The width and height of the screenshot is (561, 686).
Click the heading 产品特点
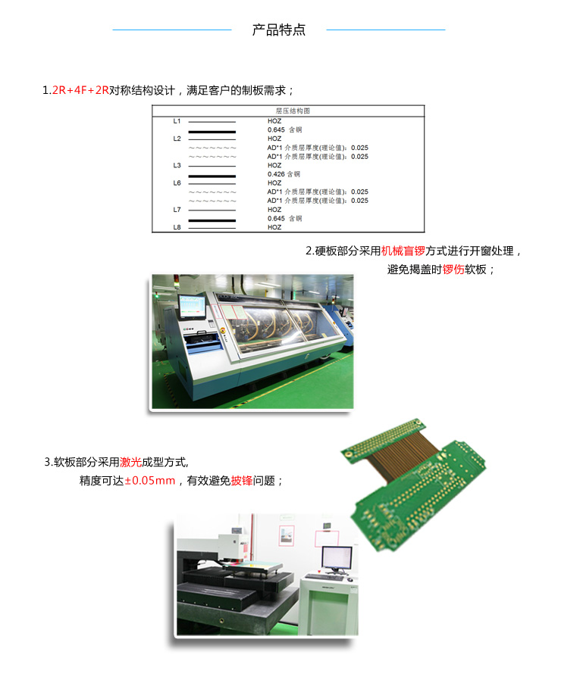tap(278, 30)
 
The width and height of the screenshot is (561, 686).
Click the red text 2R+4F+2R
tap(80, 90)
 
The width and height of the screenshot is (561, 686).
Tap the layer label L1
tap(177, 121)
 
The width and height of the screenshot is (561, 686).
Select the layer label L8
tap(177, 227)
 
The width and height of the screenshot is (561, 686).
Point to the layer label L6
tap(177, 183)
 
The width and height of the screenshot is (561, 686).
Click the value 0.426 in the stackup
tap(276, 174)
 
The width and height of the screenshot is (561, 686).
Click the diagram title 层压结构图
tap(293, 111)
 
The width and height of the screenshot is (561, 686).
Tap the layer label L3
tap(177, 165)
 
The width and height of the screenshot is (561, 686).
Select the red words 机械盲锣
tap(403, 251)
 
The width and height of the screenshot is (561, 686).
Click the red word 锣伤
tap(453, 270)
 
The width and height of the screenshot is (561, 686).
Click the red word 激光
tap(130, 462)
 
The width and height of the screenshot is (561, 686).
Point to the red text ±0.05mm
tap(150, 481)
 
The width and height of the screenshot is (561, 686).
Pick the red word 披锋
tap(242, 481)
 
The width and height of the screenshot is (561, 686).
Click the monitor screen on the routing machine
tap(193, 306)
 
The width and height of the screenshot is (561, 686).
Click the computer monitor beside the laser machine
tap(337, 557)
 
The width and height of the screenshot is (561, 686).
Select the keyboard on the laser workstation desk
tap(324, 577)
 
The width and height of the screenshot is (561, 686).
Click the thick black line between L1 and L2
tap(212, 132)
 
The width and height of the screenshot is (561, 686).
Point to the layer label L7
tap(177, 210)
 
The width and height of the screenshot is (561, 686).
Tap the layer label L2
tap(177, 139)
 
